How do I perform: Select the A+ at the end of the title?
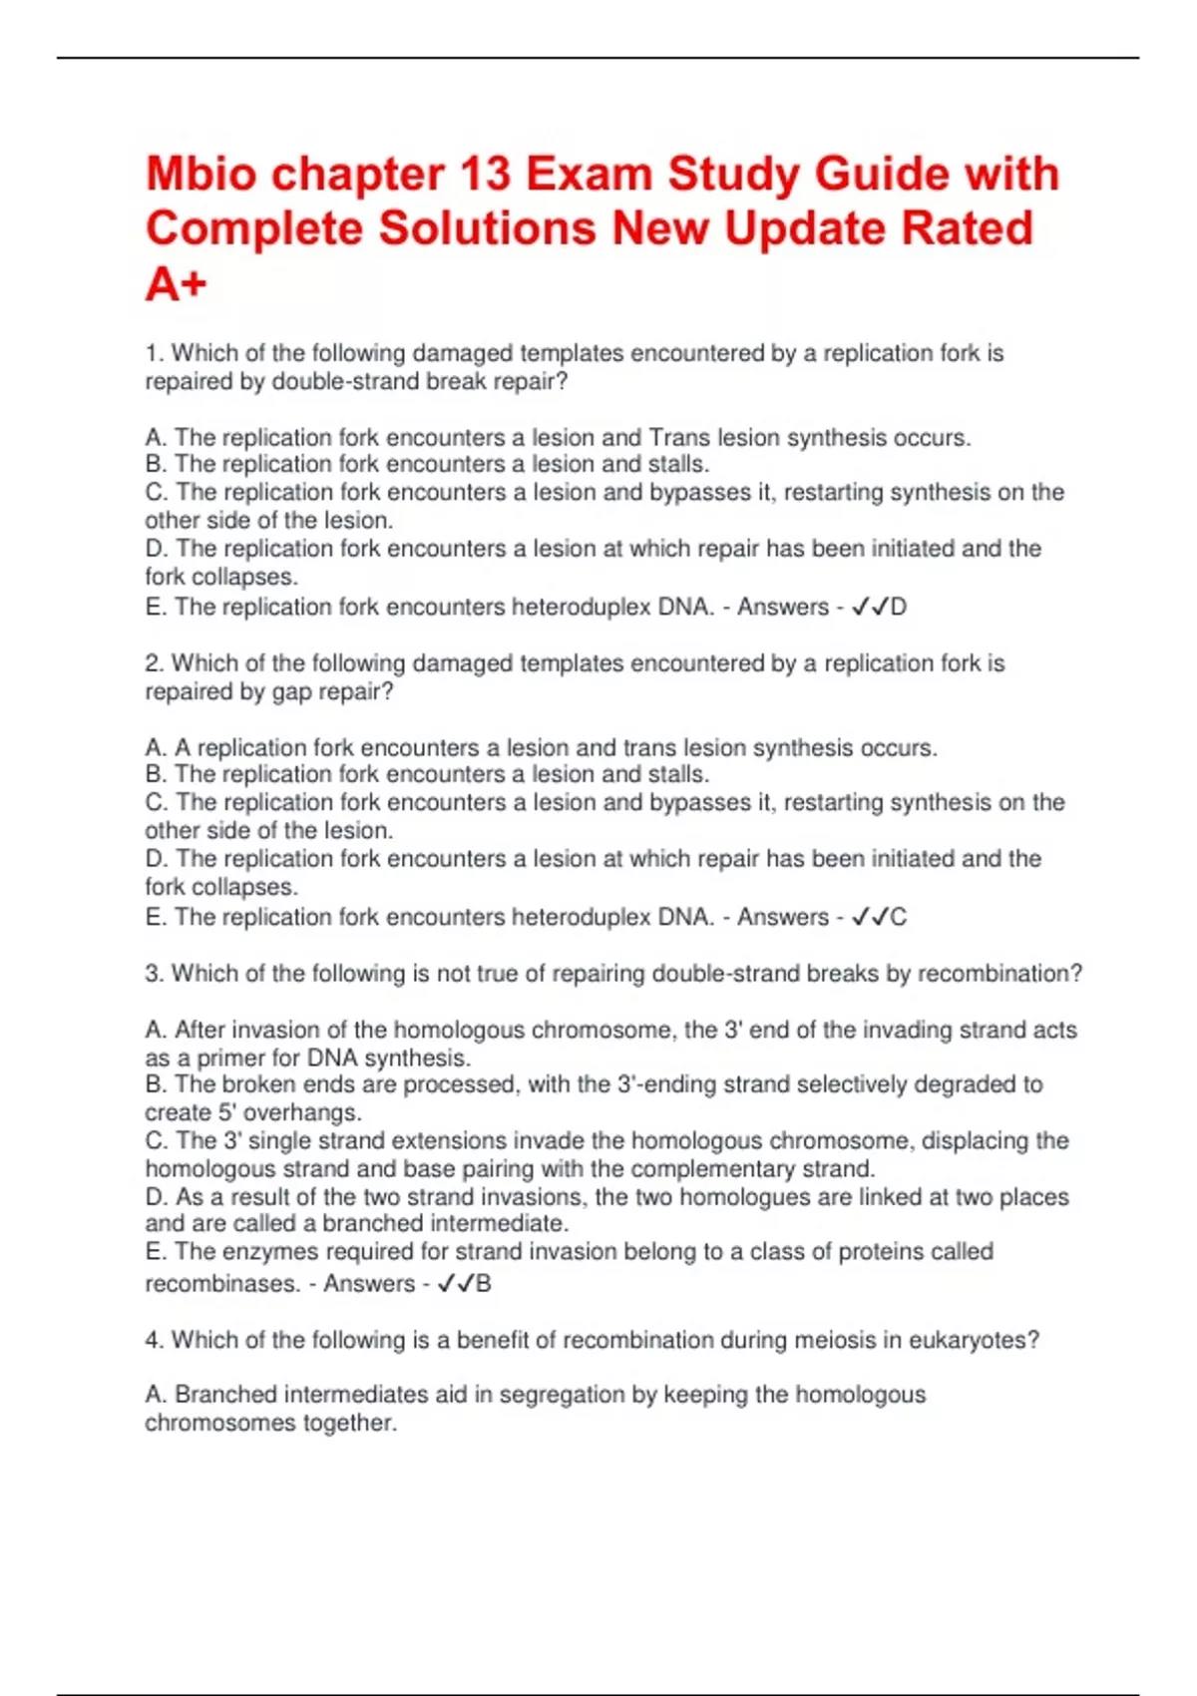176,284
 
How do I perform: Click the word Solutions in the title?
487,228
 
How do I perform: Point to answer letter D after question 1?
898,607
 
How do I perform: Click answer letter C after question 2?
898,917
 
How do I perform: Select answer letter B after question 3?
484,1283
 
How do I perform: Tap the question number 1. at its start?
155,353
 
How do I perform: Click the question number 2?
155,663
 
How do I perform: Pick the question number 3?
155,974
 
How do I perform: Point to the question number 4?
155,1340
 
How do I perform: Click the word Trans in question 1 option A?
679,437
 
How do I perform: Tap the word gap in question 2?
291,691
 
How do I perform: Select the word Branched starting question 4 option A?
225,1394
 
